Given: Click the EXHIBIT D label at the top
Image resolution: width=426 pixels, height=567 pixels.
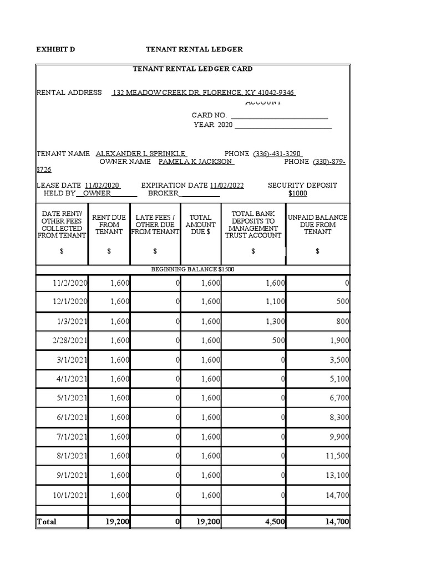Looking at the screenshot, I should click(55, 49).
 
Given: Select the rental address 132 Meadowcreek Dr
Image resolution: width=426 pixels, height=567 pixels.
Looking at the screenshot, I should click(204, 92).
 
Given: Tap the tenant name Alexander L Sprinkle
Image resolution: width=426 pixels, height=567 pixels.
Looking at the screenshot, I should click(141, 153).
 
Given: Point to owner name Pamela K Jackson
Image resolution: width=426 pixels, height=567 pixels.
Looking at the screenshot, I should click(196, 162).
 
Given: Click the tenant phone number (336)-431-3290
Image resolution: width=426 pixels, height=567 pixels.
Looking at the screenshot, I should click(277, 153).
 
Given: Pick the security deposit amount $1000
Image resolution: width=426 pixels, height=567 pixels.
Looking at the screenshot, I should click(298, 193).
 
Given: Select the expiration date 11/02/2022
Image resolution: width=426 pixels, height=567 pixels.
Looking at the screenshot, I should click(226, 185).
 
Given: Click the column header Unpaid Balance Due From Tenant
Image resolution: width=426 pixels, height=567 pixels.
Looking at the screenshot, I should click(317, 224).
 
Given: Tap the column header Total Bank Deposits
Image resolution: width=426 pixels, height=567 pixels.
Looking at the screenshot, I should click(253, 224).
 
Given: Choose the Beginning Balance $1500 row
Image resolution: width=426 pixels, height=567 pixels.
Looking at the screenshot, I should click(193, 269).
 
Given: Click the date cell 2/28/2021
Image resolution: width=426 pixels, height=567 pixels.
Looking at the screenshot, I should click(70, 341).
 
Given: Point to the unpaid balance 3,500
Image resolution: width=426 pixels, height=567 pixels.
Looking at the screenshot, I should click(339, 360).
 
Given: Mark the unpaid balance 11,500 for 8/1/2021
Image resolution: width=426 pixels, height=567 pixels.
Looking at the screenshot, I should click(336, 456).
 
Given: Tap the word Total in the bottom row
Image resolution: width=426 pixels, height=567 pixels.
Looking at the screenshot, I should click(47, 522).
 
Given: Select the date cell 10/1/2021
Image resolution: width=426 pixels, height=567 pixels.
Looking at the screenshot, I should click(70, 494).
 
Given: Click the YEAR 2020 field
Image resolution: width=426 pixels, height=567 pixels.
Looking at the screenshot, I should click(214, 125).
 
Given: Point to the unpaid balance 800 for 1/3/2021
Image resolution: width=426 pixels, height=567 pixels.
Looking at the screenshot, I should click(342, 321).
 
